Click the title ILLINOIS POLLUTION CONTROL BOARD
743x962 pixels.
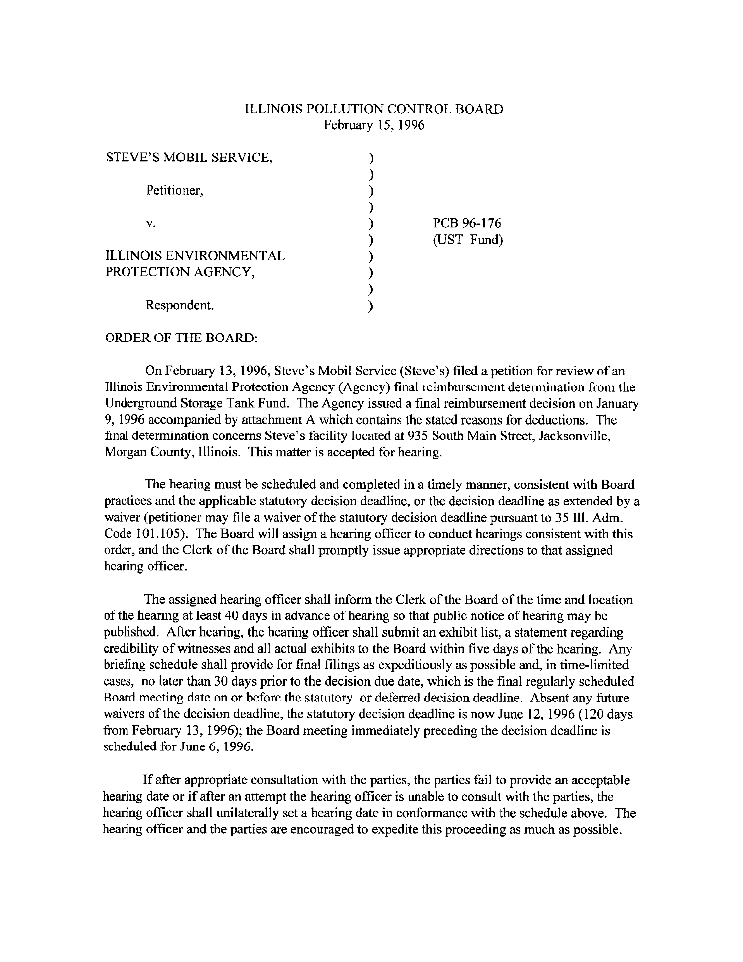click(374, 109)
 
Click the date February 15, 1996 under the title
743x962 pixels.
click(374, 126)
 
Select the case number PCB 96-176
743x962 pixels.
click(467, 223)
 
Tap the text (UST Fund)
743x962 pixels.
click(468, 240)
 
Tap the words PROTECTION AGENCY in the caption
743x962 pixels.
click(180, 272)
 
